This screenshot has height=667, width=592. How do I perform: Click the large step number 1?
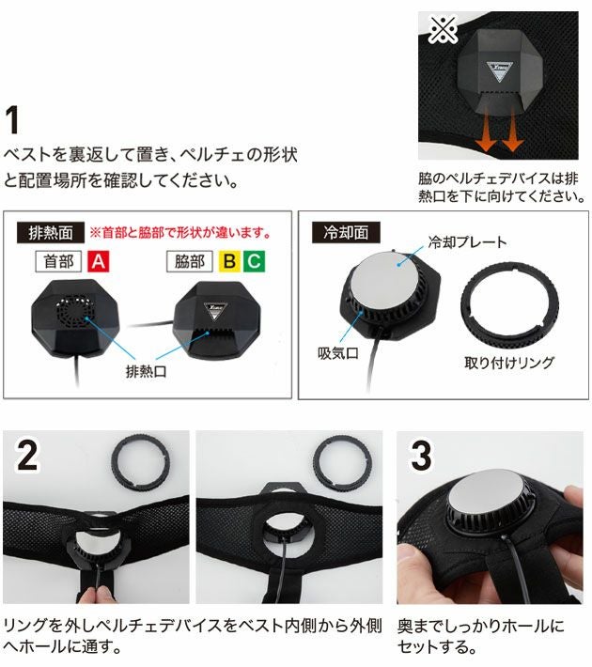[x=16, y=120]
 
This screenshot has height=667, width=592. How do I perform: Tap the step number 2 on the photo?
[x=28, y=456]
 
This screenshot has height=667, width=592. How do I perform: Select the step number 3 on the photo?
[x=420, y=456]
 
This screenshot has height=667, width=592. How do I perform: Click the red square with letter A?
[x=97, y=260]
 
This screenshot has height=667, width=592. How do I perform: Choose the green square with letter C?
[x=253, y=260]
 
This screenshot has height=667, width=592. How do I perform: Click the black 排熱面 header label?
[x=50, y=231]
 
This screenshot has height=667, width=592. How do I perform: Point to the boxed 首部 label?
[x=58, y=260]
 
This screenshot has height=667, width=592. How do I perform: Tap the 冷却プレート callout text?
[x=467, y=242]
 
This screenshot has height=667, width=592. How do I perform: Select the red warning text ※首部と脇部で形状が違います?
[x=179, y=231]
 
